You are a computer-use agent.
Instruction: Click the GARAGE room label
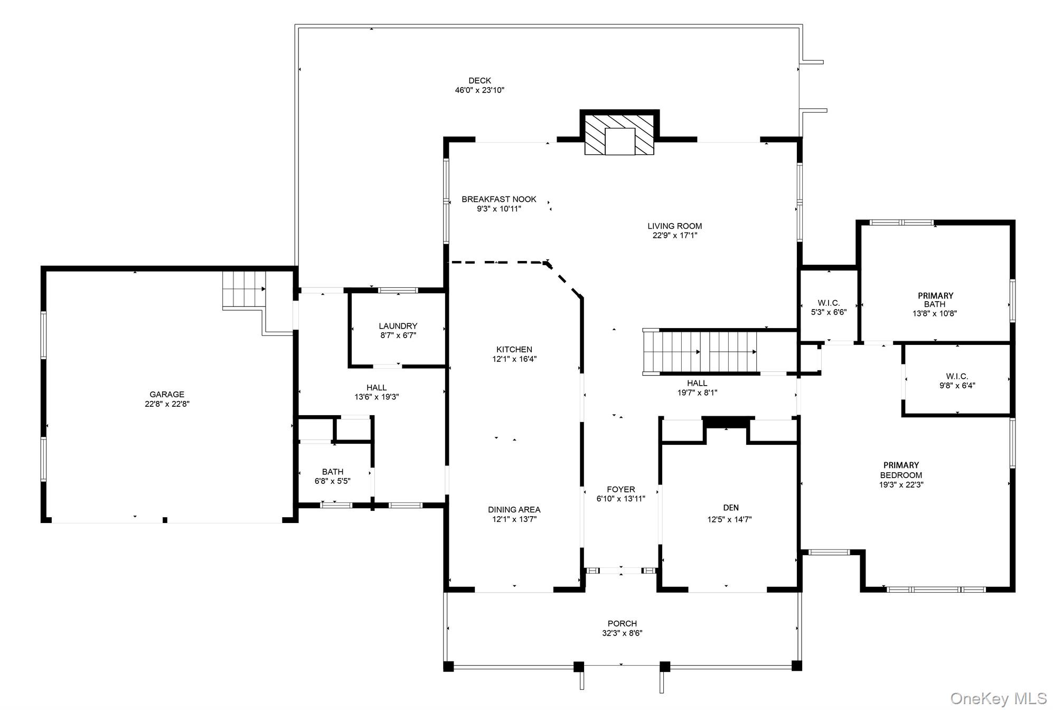pyautogui.click(x=167, y=395)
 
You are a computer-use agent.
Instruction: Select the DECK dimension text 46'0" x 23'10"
pyautogui.click(x=480, y=90)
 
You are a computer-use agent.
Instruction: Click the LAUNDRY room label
pyautogui.click(x=398, y=326)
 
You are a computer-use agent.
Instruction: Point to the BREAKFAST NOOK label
pyautogui.click(x=499, y=199)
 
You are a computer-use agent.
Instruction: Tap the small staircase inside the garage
pyautogui.click(x=243, y=288)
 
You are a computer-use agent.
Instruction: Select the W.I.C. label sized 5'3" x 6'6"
pyautogui.click(x=829, y=303)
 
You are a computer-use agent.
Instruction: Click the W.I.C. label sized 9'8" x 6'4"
pyautogui.click(x=957, y=376)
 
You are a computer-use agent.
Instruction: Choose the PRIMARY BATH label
pyautogui.click(x=935, y=300)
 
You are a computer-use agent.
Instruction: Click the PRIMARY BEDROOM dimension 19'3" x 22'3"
pyautogui.click(x=901, y=484)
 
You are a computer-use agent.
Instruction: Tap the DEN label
pyautogui.click(x=730, y=508)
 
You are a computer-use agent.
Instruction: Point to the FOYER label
pyautogui.click(x=620, y=489)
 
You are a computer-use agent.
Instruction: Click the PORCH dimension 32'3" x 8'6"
pyautogui.click(x=622, y=633)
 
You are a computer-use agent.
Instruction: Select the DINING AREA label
pyautogui.click(x=514, y=510)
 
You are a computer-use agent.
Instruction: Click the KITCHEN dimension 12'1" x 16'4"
pyautogui.click(x=514, y=359)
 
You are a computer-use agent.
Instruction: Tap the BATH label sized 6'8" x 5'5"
pyautogui.click(x=333, y=472)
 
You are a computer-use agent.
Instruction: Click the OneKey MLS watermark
pyautogui.click(x=998, y=698)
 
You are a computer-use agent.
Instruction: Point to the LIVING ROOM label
pyautogui.click(x=674, y=226)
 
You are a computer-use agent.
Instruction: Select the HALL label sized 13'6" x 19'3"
pyautogui.click(x=377, y=388)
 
